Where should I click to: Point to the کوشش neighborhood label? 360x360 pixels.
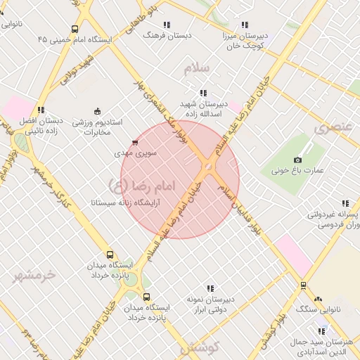200,347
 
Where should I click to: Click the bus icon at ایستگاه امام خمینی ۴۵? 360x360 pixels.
75,30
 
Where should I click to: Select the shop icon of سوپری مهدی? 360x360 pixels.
134,142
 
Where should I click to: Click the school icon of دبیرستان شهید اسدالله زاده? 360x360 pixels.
203,93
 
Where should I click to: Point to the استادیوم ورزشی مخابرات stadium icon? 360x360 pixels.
97,111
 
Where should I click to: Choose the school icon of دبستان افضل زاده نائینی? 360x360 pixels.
42,110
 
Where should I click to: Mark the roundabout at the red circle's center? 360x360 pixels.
208,166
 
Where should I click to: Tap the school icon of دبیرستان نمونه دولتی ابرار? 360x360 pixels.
210,288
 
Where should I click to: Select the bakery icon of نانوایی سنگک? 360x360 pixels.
317,300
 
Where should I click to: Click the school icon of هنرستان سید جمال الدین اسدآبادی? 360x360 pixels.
321,331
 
